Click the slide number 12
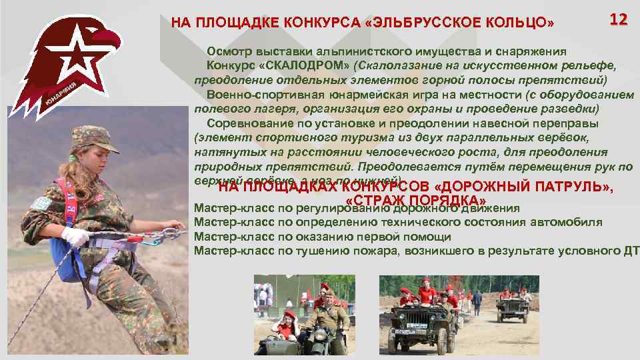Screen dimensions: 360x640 click(x=618, y=19)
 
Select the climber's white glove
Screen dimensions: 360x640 click(x=75, y=237)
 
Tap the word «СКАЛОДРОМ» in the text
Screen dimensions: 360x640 click(x=303, y=67)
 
